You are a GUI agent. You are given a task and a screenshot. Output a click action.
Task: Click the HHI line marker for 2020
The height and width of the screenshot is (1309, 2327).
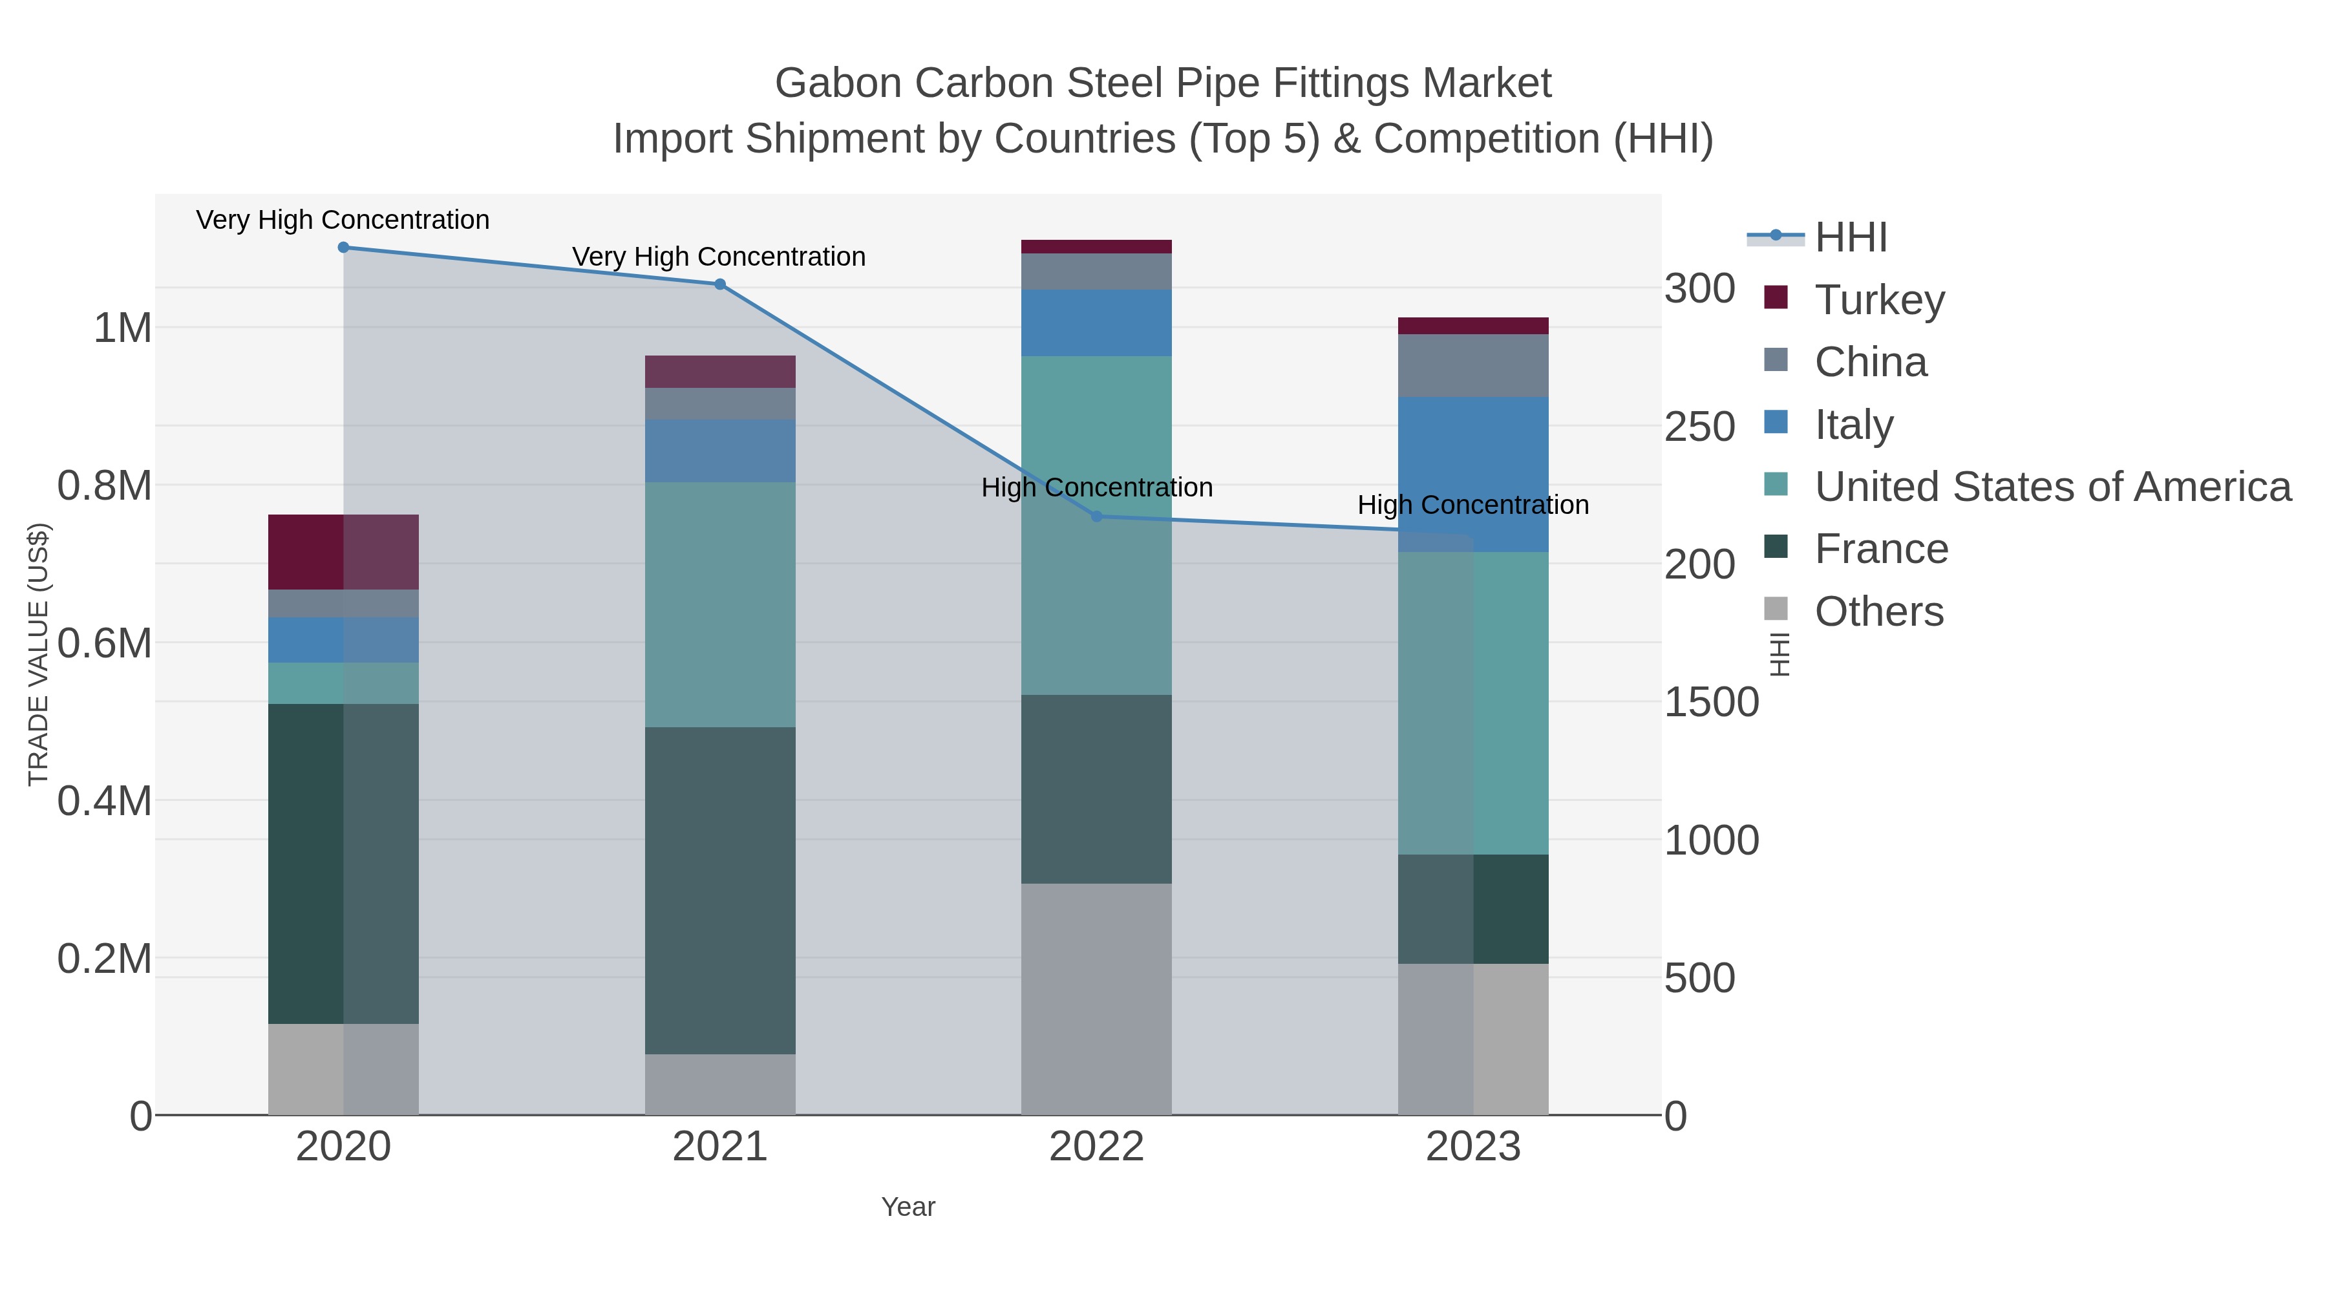tap(343, 248)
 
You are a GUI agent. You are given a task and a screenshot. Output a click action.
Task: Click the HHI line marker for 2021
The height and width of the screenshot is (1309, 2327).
tap(720, 284)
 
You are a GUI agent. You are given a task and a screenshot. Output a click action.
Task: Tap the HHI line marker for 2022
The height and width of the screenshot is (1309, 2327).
tap(1097, 516)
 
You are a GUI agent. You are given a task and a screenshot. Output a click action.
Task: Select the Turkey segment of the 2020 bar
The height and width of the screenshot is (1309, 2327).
tap(343, 552)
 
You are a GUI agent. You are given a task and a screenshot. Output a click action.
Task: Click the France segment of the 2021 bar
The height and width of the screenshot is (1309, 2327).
tap(720, 890)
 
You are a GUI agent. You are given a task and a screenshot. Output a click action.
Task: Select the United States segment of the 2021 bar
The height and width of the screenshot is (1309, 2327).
tap(720, 604)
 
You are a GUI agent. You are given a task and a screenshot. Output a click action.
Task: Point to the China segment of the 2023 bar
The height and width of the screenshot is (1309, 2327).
tap(1473, 365)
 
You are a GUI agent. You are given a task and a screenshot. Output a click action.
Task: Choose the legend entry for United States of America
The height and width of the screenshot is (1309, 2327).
tap(2050, 486)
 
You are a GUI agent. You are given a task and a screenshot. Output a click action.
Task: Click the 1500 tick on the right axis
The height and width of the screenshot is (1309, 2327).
tap(1711, 702)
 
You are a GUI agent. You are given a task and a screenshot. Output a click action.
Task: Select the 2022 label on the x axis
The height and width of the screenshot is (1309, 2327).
tap(1097, 1147)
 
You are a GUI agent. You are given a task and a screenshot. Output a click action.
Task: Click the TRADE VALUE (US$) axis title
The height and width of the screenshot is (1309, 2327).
tap(38, 654)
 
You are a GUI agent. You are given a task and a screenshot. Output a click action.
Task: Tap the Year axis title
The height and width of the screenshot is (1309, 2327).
tap(908, 1207)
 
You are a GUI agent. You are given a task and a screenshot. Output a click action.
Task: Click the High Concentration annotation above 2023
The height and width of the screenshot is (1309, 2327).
tap(1473, 505)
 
